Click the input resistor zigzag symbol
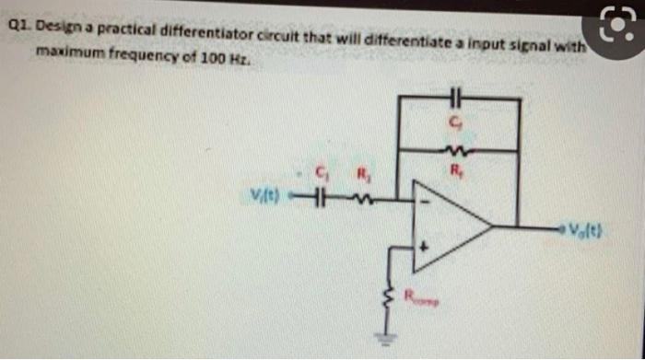[x=362, y=197]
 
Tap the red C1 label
[x=322, y=172]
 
